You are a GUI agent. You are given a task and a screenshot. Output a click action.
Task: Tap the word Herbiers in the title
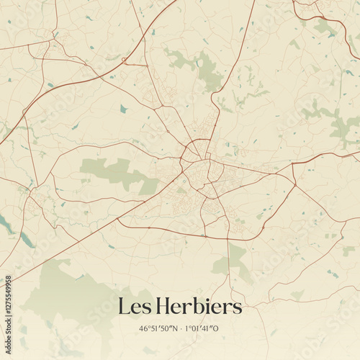(198, 306)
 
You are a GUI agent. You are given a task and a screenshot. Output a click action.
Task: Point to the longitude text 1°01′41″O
(204, 328)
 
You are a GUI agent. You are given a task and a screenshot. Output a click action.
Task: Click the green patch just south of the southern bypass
(235, 259)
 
